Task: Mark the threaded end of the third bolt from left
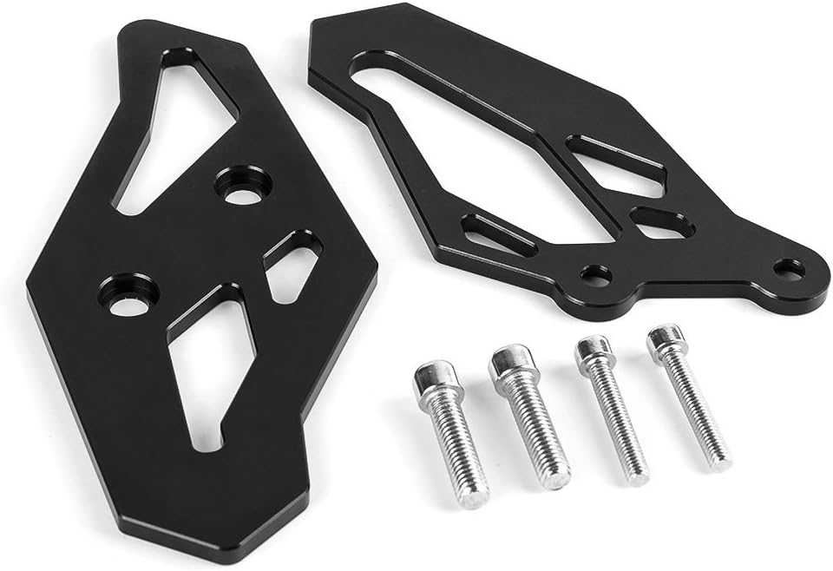click(x=637, y=474)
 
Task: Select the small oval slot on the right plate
click(x=661, y=221)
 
